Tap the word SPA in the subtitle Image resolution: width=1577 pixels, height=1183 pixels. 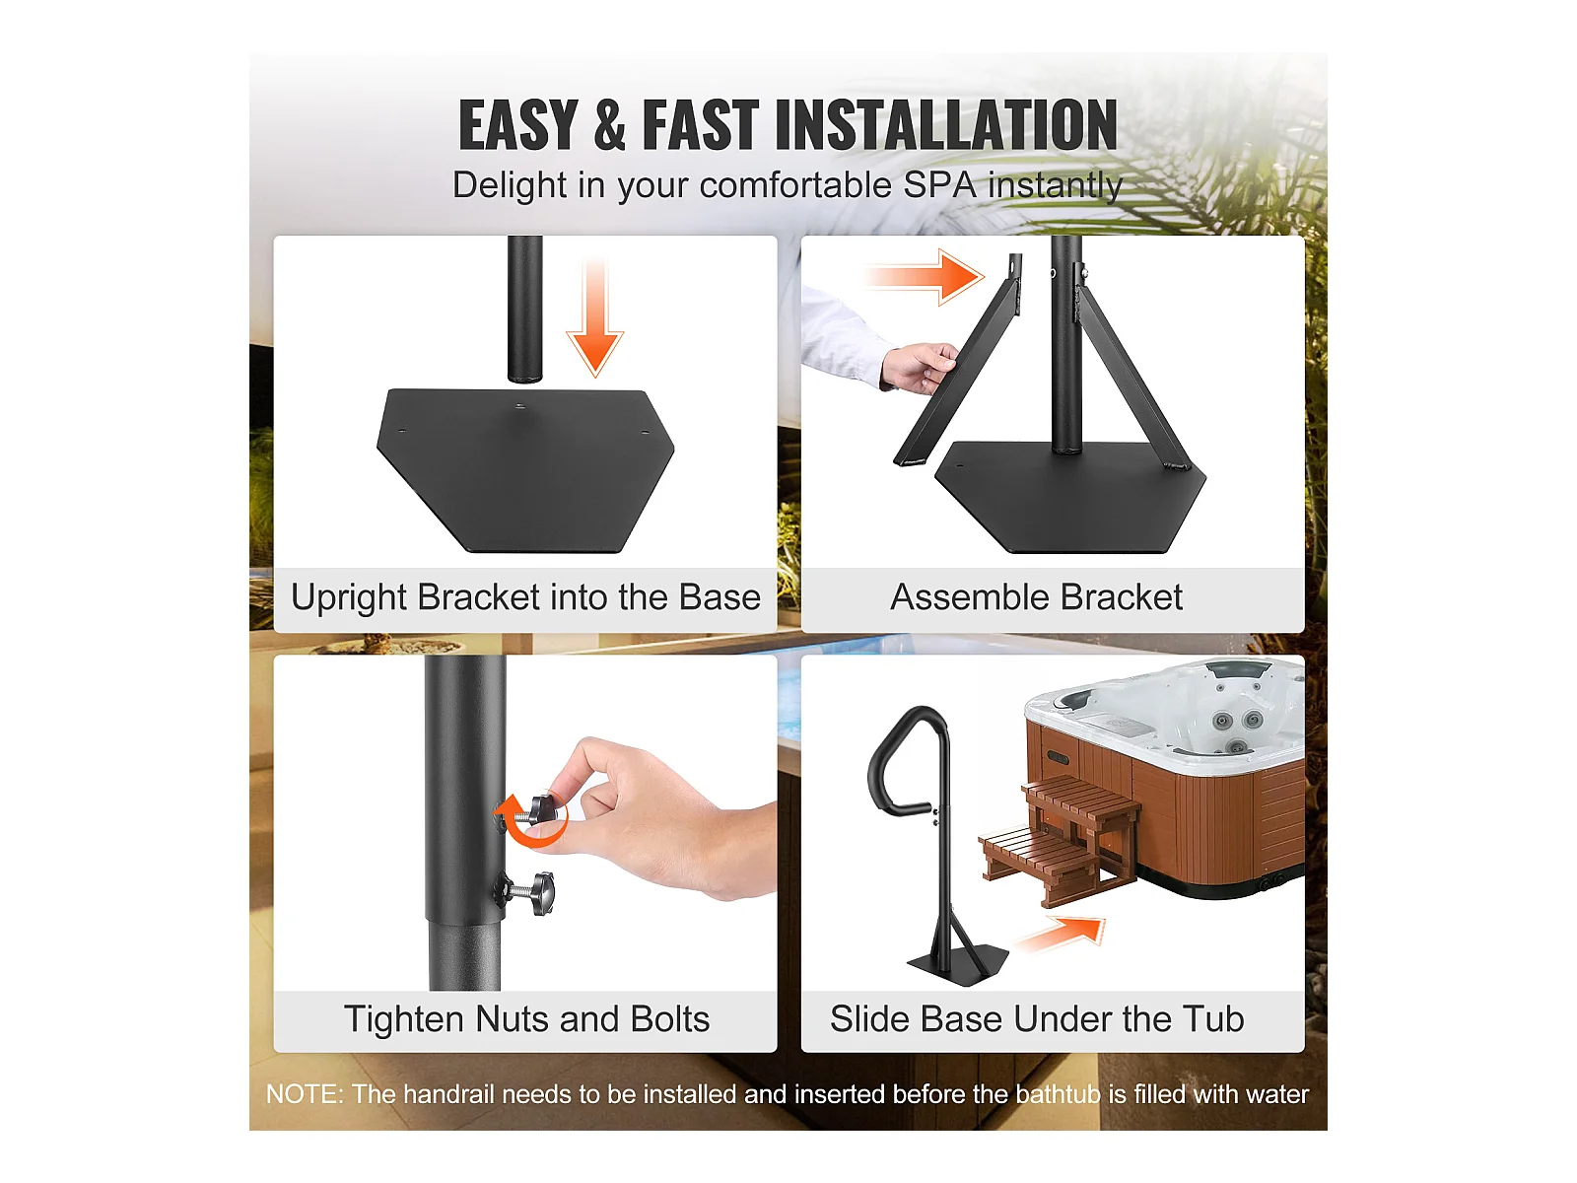tap(939, 185)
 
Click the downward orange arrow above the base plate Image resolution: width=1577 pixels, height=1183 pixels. tap(595, 316)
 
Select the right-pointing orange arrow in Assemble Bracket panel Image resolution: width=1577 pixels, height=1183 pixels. tap(926, 277)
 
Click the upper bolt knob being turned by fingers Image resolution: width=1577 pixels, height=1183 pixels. tap(544, 811)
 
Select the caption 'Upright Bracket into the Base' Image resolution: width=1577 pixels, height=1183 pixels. tap(525, 597)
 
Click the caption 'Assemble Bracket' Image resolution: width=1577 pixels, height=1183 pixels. tap(1036, 597)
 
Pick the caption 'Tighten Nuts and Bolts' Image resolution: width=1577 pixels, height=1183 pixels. tap(526, 1018)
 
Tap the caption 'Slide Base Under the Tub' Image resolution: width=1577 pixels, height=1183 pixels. tap(1037, 1018)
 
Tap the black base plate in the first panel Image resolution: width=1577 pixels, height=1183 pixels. tap(525, 470)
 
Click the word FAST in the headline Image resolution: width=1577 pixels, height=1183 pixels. tap(701, 125)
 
